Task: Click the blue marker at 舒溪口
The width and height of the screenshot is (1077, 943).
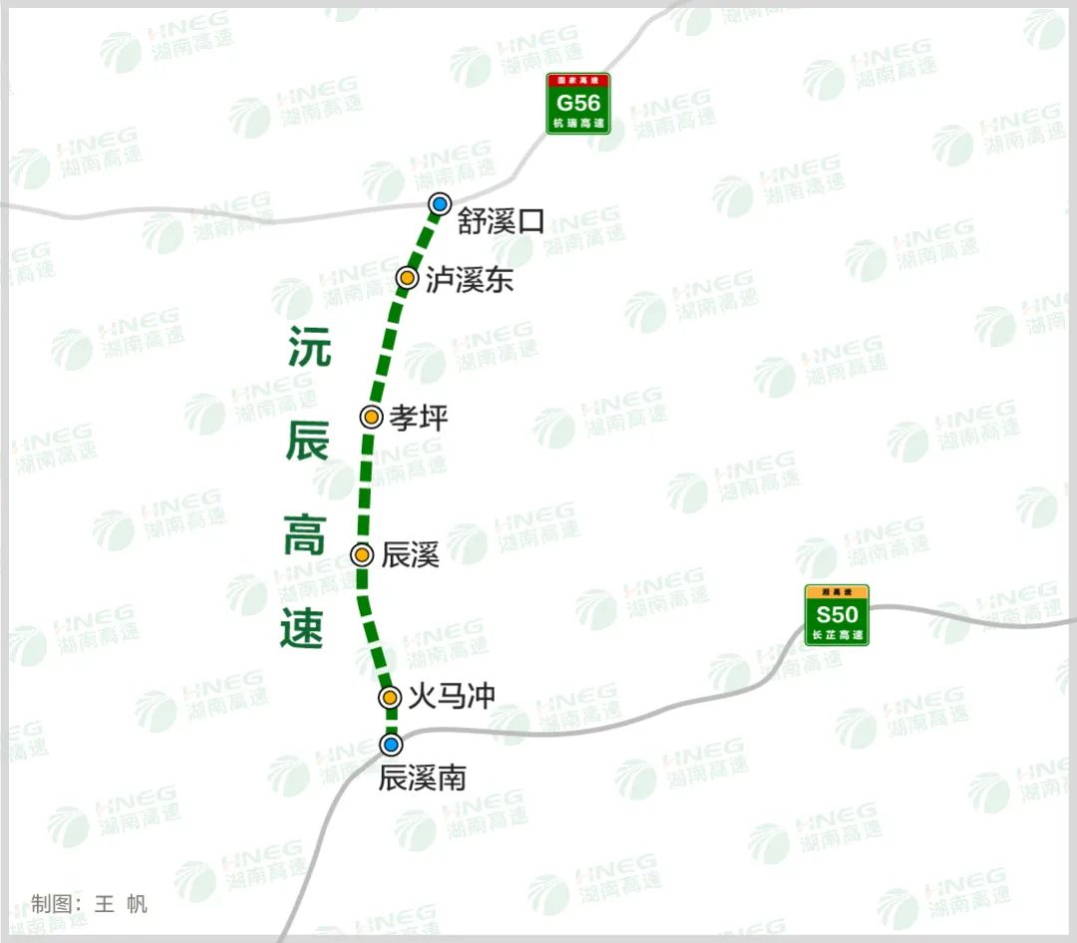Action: tap(440, 205)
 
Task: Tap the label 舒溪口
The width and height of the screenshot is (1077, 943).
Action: tap(502, 221)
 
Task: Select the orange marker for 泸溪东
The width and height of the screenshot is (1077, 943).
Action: tap(407, 278)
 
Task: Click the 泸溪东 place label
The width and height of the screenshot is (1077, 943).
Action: tap(469, 280)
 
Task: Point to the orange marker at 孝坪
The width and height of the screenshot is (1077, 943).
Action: tap(371, 417)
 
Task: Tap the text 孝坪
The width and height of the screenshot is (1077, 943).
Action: tap(419, 418)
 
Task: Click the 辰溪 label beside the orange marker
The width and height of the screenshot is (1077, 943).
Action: tap(410, 555)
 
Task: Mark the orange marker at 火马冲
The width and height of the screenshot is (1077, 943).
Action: tap(390, 697)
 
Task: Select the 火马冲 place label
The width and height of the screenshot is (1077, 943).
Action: tap(452, 696)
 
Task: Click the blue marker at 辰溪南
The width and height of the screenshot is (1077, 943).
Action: tap(392, 745)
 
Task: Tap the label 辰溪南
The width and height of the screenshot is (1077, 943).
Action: tap(423, 777)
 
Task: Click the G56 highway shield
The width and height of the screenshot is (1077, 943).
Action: tap(578, 104)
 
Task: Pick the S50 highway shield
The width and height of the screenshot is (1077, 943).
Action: tap(838, 615)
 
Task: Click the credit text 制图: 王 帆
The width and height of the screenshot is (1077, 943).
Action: tap(90, 904)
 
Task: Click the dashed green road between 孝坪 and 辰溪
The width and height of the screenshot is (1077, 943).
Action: tap(365, 486)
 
